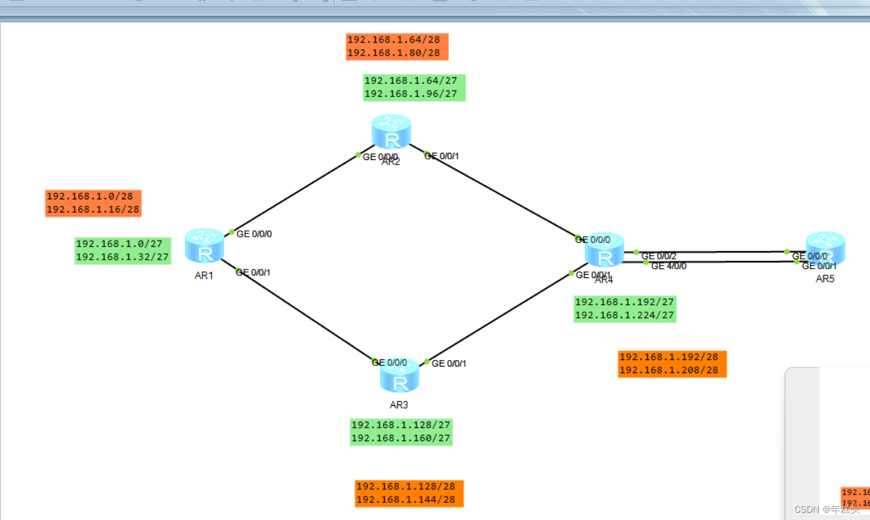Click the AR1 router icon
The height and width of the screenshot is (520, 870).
pos(205,246)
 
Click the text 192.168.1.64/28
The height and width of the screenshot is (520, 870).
pos(393,40)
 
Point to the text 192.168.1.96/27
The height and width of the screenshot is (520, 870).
pos(410,94)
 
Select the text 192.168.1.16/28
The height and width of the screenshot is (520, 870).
pos(92,210)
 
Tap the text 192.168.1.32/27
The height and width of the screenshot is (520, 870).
pos(123,257)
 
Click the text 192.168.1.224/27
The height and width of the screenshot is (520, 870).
pos(624,315)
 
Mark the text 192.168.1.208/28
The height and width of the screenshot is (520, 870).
pos(669,370)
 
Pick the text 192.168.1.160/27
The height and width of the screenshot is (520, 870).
pos(401,438)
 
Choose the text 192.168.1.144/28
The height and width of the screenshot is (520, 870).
pos(405,500)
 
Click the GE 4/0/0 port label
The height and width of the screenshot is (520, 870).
pos(668,266)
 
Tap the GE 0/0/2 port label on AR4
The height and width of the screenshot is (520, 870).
pos(658,256)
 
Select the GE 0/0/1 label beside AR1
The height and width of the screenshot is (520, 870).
pos(252,272)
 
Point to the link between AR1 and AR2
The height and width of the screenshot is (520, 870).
pos(295,194)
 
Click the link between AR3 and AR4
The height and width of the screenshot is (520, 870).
pos(498,317)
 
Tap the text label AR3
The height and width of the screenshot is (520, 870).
pos(399,405)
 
